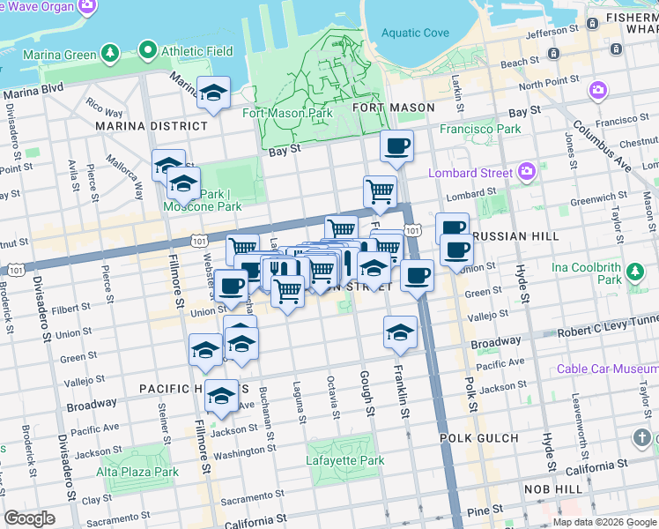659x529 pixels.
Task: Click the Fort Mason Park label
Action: tap(288, 113)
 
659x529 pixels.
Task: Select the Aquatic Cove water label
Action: tap(414, 34)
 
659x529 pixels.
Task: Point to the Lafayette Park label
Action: tap(345, 460)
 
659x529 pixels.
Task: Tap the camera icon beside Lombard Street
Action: tap(527, 170)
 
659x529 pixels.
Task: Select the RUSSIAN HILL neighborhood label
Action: tap(511, 237)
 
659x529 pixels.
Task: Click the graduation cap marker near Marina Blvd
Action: tap(212, 93)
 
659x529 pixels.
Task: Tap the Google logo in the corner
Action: tap(30, 518)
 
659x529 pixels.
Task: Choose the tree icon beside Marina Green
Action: tap(109, 54)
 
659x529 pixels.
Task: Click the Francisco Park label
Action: tap(482, 129)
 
